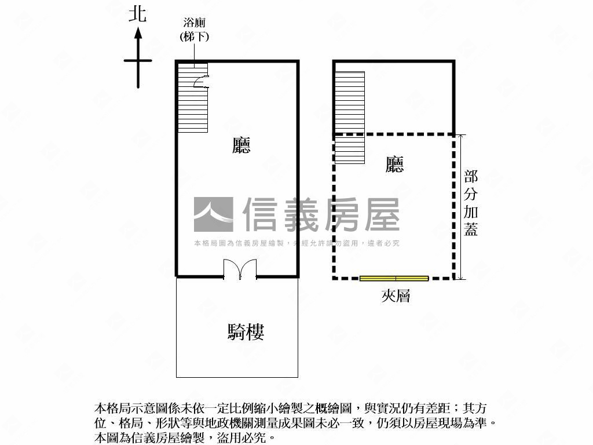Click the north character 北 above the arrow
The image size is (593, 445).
[138, 14]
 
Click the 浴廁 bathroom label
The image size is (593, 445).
[195, 23]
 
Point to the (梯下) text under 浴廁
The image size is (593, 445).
[195, 37]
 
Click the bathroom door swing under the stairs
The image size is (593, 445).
[200, 81]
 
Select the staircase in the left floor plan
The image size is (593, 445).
[193, 97]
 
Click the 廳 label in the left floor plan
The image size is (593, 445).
[241, 145]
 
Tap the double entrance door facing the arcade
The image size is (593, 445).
[240, 269]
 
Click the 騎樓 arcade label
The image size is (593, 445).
[246, 332]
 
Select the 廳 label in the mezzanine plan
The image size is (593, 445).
[394, 164]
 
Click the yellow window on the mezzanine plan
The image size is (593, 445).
[394, 279]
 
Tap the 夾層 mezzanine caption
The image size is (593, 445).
[396, 296]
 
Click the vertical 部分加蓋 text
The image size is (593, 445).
[471, 203]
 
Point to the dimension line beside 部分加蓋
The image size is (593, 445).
[460, 207]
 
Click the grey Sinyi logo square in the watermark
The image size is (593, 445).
[214, 214]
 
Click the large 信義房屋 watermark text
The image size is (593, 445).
[321, 214]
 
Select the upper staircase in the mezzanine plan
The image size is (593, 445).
[350, 101]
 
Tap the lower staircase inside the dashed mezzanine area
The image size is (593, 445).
[350, 149]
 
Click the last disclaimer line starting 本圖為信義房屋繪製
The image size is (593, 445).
[185, 438]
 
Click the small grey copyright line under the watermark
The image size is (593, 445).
[297, 243]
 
